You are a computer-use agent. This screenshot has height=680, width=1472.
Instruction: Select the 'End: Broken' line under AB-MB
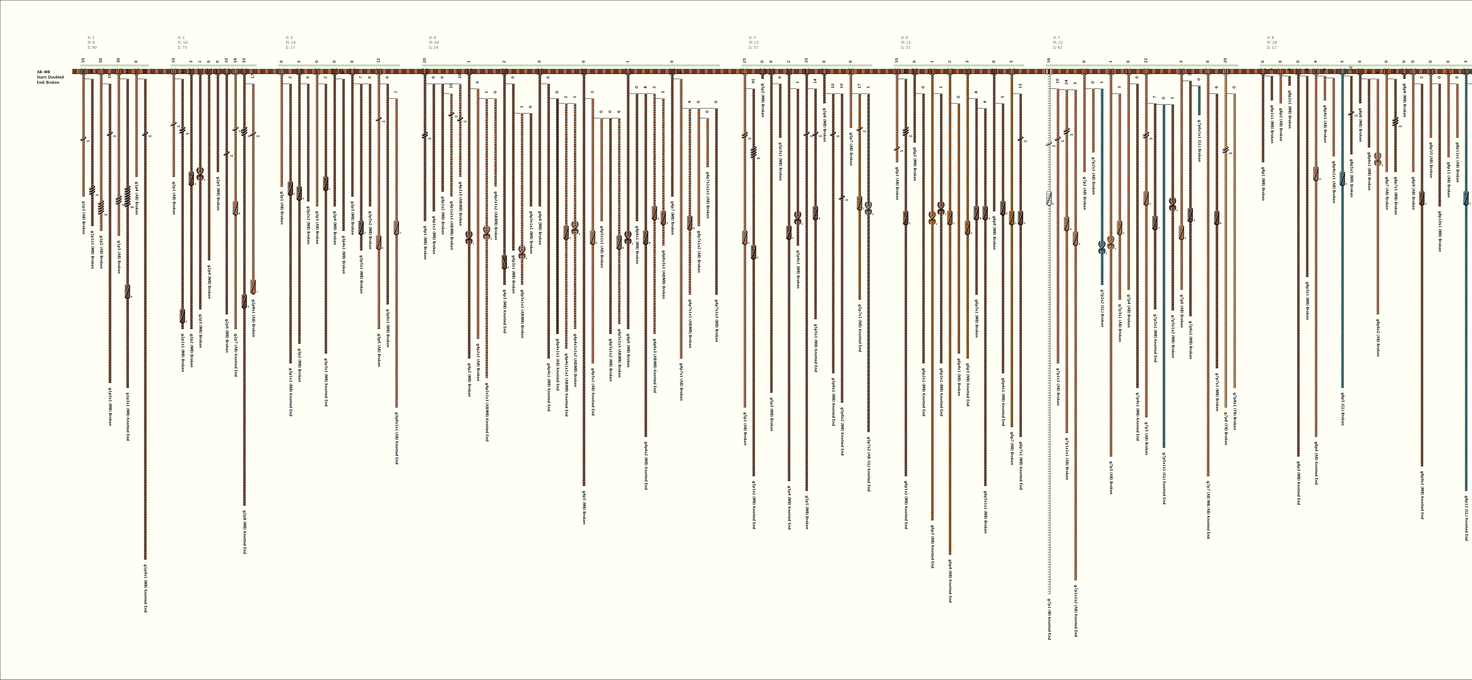click(x=48, y=82)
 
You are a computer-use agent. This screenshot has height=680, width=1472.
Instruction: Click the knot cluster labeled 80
click(x=127, y=197)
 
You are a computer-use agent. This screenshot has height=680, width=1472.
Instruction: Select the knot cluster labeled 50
click(x=101, y=207)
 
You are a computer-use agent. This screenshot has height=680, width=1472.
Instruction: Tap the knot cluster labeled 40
click(x=753, y=152)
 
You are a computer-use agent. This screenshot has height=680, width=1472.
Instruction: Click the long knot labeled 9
click(x=127, y=291)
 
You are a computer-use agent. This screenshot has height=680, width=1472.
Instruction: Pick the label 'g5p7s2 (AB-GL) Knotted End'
click(x=869, y=463)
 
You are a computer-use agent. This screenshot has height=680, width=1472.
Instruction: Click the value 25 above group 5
click(x=745, y=60)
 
